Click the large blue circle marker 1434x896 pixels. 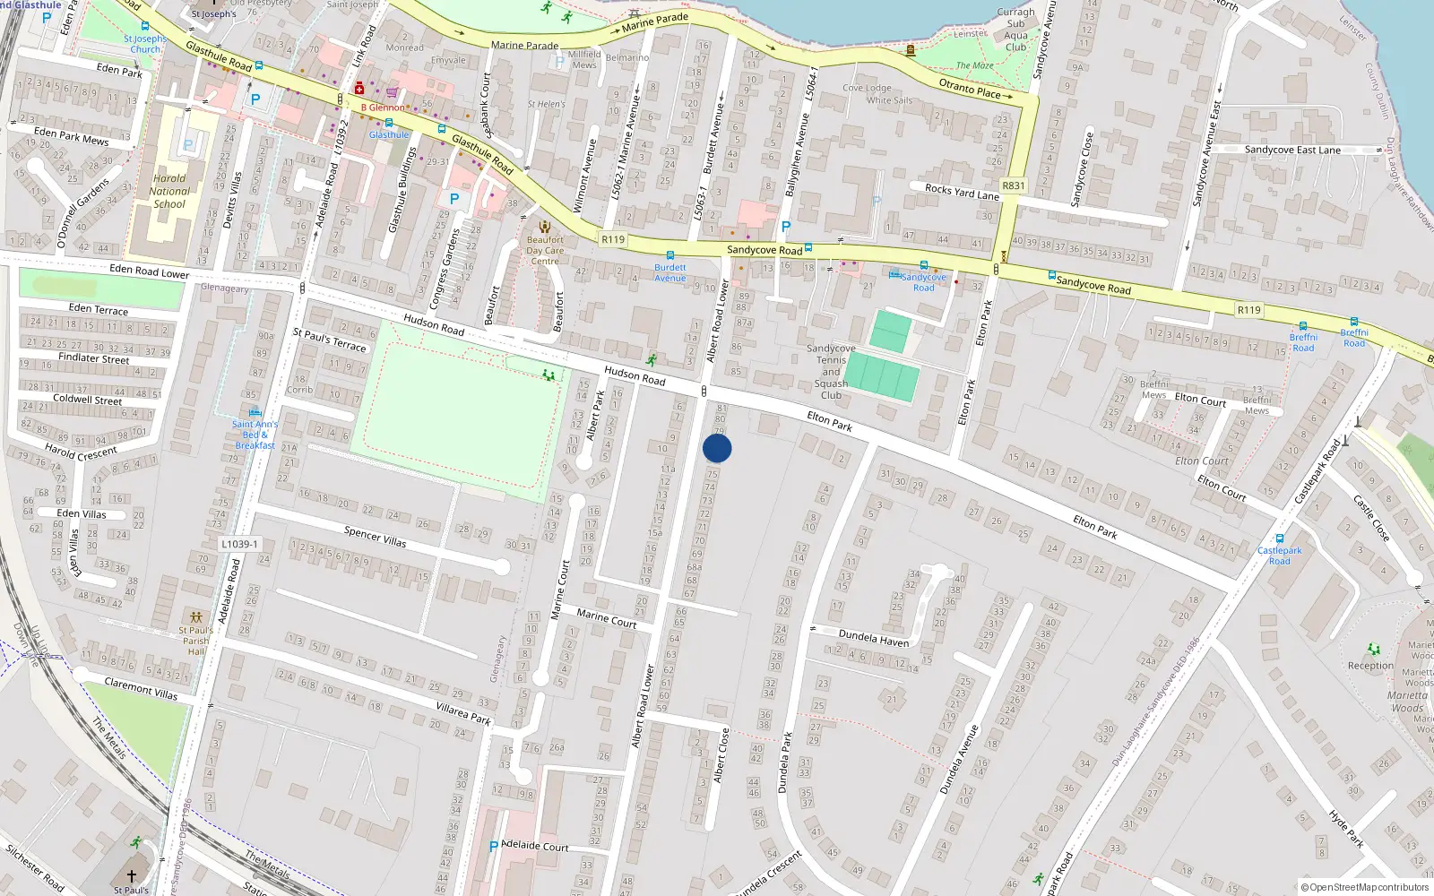click(717, 448)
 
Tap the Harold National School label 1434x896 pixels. click(169, 191)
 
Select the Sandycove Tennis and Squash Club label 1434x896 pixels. click(831, 372)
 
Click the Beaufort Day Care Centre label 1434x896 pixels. click(545, 250)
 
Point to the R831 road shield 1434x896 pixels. click(1013, 186)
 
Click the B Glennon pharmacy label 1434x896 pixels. click(383, 108)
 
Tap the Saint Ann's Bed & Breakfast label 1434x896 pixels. click(255, 435)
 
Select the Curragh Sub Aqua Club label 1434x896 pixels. click(1015, 30)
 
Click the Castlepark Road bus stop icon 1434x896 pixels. click(1279, 539)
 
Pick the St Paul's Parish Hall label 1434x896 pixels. click(196, 641)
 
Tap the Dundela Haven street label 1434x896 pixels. click(873, 638)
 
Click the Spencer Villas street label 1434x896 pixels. click(375, 537)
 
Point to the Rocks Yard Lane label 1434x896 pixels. click(962, 192)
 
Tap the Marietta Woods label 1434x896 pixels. click(1408, 702)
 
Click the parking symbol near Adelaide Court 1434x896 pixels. click(493, 846)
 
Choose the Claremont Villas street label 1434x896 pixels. click(141, 688)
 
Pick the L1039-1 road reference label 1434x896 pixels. click(239, 544)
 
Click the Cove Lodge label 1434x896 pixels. click(867, 88)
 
